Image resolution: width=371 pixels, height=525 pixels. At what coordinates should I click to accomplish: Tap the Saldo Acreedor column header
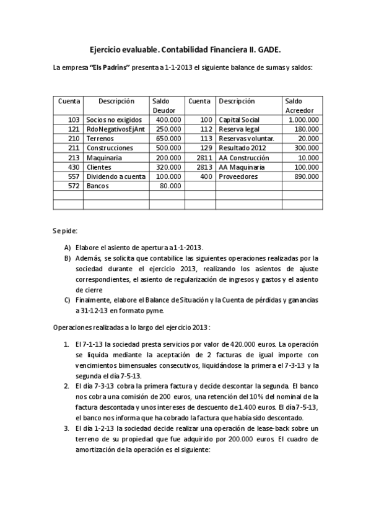coord(295,105)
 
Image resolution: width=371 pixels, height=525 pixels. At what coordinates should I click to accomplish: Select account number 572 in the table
coord(74,186)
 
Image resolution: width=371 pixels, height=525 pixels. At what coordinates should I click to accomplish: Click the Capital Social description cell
coord(239,119)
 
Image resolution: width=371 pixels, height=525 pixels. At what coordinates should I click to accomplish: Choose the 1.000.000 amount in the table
coord(303,119)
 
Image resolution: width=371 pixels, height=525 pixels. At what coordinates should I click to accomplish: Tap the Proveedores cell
coord(238,176)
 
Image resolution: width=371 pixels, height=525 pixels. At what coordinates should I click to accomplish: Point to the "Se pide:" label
coord(64,231)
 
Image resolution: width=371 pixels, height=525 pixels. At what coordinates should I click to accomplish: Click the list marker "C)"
coord(67,300)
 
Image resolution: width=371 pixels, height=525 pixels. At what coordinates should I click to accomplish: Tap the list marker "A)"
coord(67,247)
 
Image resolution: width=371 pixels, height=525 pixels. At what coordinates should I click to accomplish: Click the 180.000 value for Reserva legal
coord(307,129)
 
